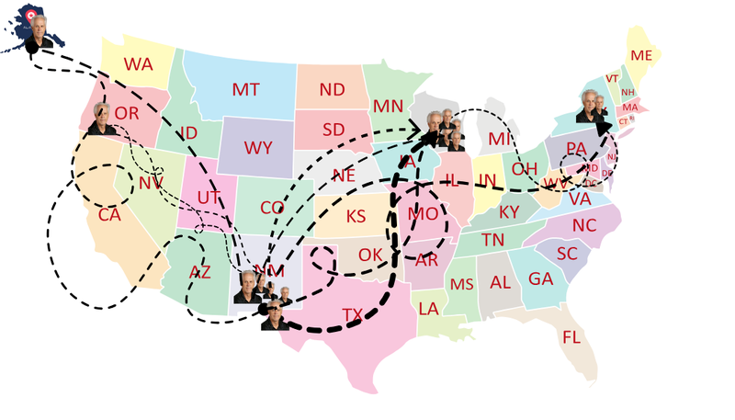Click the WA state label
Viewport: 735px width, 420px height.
[139, 64]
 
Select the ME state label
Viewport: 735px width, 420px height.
[641, 56]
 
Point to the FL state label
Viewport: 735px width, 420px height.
[571, 337]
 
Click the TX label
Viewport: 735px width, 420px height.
[353, 314]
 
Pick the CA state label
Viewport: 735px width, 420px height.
[109, 215]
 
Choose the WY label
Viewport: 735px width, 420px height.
[258, 146]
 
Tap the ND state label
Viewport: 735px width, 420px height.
[332, 89]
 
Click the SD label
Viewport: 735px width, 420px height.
[332, 129]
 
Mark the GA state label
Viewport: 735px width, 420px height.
[541, 278]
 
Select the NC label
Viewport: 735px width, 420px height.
[584, 225]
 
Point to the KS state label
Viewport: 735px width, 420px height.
[356, 218]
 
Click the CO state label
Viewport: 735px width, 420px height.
[272, 208]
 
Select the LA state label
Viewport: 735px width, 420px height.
[428, 308]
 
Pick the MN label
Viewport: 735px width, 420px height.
[388, 106]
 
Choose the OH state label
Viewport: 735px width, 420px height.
[524, 168]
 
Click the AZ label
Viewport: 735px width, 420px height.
[199, 272]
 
